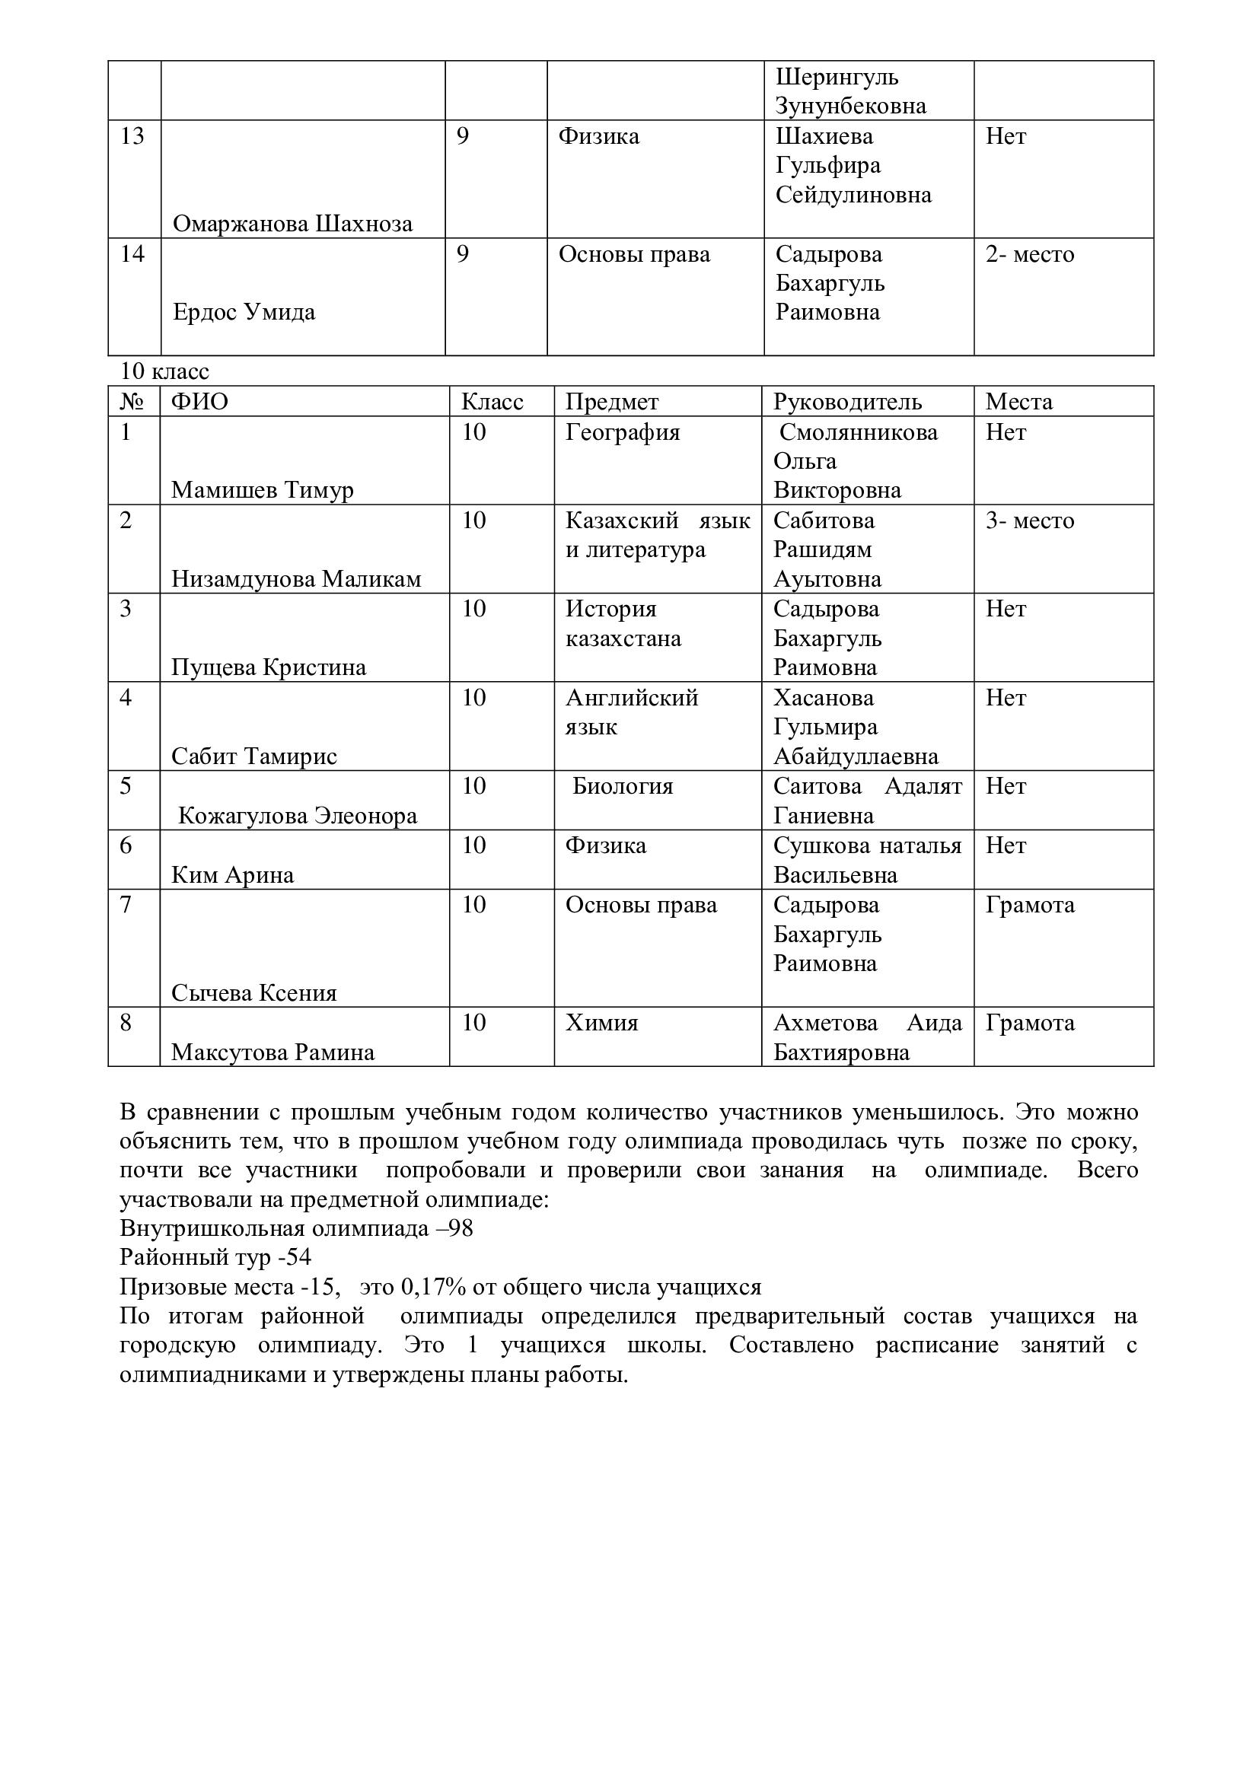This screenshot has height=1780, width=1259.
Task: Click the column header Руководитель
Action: [x=847, y=402]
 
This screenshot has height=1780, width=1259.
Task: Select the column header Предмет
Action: [x=612, y=402]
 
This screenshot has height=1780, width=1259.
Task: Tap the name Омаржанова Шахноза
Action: [x=292, y=224]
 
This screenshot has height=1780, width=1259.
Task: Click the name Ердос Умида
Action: [x=244, y=313]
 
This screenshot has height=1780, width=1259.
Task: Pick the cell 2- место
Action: [x=1030, y=254]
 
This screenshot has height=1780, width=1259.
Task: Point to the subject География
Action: [x=623, y=431]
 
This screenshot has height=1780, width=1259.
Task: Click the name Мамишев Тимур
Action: [x=262, y=490]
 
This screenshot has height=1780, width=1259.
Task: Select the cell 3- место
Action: [x=1030, y=521]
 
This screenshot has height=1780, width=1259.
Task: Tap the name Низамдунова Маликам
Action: [x=296, y=579]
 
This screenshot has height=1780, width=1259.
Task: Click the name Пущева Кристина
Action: [x=268, y=667]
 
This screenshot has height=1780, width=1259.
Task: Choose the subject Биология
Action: [x=623, y=786]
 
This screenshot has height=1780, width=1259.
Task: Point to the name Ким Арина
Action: [x=233, y=875]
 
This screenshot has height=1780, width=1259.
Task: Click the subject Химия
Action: [x=601, y=1023]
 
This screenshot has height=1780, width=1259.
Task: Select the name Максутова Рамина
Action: [x=273, y=1052]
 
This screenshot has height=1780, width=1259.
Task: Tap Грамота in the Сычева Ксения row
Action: [x=1030, y=905]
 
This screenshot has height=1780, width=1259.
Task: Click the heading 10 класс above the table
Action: [x=164, y=371]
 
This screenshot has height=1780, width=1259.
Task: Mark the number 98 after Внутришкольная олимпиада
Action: [x=461, y=1229]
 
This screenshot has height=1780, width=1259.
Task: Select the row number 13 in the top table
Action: [x=132, y=136]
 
